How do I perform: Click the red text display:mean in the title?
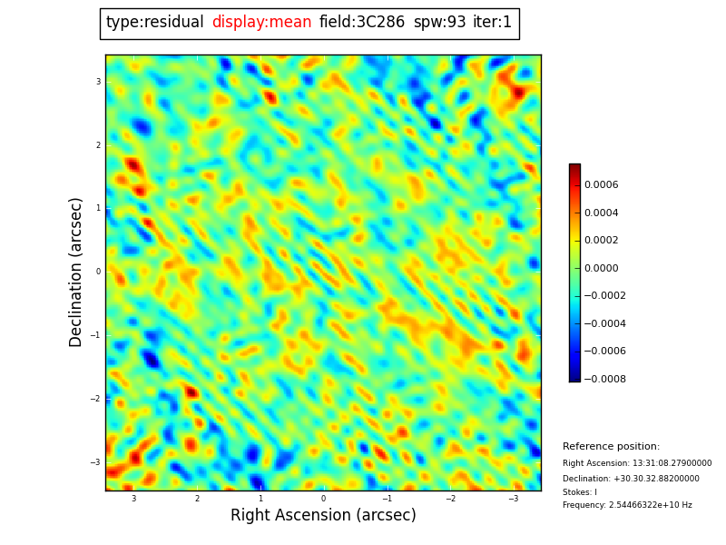(261, 23)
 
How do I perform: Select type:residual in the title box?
(154, 23)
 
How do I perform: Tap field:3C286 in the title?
(362, 23)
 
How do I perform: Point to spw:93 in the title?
(439, 23)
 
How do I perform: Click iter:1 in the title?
(492, 23)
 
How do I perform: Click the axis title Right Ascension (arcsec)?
(323, 516)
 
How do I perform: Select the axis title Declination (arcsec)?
(76, 272)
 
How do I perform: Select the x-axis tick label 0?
(323, 499)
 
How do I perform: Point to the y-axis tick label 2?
(98, 145)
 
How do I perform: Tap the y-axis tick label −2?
(96, 399)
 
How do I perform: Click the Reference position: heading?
(611, 447)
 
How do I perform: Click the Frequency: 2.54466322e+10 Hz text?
(627, 505)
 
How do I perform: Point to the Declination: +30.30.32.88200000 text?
(631, 479)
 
